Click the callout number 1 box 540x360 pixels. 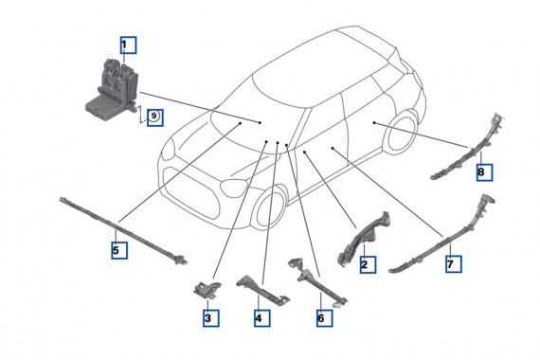click(x=127, y=44)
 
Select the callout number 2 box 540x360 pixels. click(x=364, y=265)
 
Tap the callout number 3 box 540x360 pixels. click(x=207, y=318)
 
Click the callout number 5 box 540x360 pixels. click(x=116, y=251)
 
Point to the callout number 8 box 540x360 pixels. click(x=482, y=172)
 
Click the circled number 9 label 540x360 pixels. click(x=154, y=118)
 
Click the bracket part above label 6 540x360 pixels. click(x=313, y=280)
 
